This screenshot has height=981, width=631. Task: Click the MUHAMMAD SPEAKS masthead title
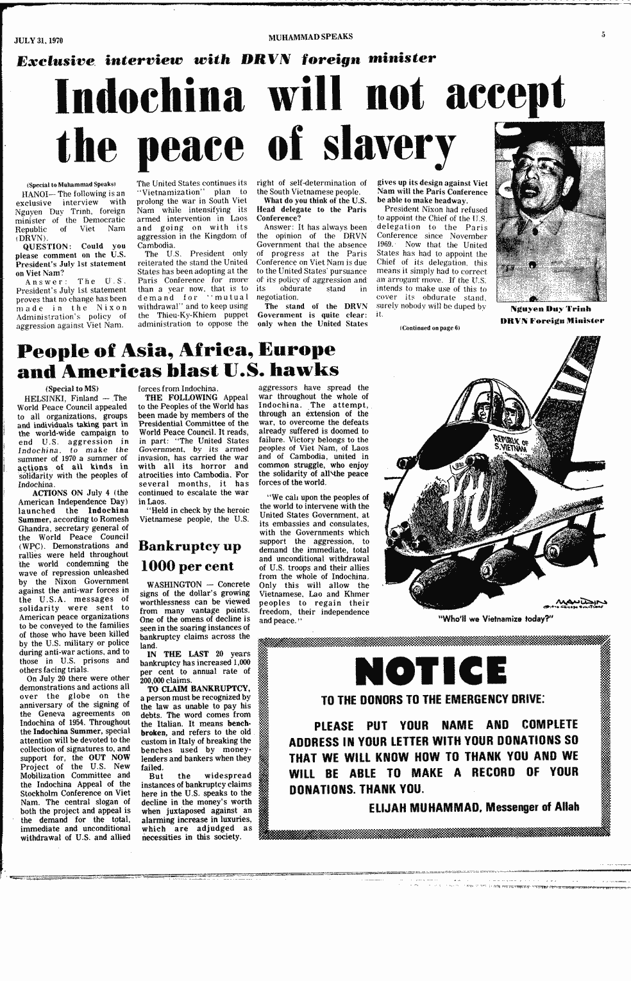[x=310, y=35]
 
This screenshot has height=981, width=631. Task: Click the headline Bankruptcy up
[x=190, y=547]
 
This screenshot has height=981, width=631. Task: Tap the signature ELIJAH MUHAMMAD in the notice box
[x=422, y=807]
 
